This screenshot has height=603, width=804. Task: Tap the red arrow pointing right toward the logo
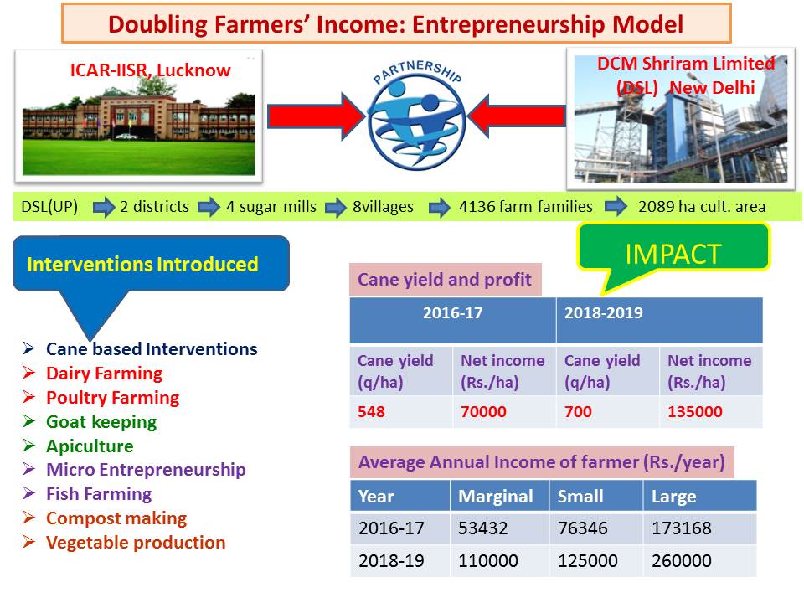[317, 116]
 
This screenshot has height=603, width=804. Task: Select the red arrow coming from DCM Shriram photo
[517, 116]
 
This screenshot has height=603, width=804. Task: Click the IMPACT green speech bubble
[673, 253]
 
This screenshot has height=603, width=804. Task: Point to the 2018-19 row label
[391, 560]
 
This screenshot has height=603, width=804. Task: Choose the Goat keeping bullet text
[101, 421]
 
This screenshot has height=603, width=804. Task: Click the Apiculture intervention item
[90, 446]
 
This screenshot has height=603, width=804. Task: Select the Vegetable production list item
[136, 542]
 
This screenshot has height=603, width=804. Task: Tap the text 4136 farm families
[526, 206]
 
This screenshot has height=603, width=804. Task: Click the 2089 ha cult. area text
[702, 206]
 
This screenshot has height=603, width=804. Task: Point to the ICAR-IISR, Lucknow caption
[150, 70]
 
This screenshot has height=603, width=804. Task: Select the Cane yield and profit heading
[445, 280]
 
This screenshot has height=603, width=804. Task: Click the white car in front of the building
[126, 137]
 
